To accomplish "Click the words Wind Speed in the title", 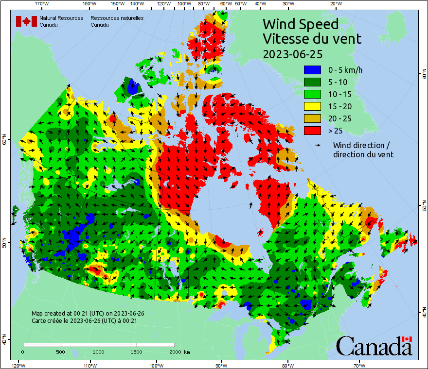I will click(x=300, y=24).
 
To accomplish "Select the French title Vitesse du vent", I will click(x=312, y=38).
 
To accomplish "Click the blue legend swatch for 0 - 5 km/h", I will click(x=312, y=70).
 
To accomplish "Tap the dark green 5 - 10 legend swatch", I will click(x=312, y=82).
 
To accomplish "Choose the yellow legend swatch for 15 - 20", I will click(x=312, y=106).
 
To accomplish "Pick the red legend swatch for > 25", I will click(x=312, y=131).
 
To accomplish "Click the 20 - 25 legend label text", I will click(x=339, y=118).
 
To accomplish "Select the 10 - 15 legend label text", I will click(x=339, y=94).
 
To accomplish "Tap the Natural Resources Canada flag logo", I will click(x=26, y=21).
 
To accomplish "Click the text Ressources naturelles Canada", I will click(x=117, y=21).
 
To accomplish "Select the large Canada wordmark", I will click(x=374, y=346).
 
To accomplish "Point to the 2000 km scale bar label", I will click(x=180, y=352).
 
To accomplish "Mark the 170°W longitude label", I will click(x=42, y=3).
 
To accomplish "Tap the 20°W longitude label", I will click(x=335, y=3).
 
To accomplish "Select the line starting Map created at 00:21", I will click(x=87, y=314).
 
